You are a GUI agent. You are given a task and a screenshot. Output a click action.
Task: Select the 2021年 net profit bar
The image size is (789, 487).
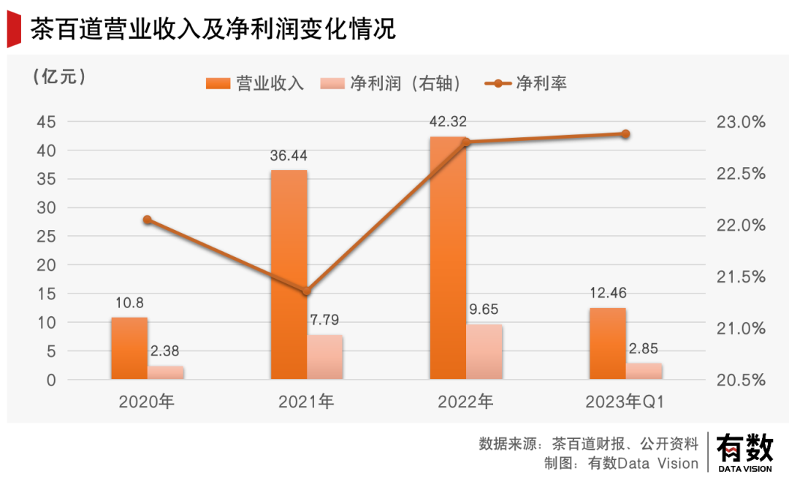[325, 357]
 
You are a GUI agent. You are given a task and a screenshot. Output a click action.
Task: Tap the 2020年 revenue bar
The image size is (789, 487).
[129, 348]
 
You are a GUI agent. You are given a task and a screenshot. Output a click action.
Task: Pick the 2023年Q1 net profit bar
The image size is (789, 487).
[644, 371]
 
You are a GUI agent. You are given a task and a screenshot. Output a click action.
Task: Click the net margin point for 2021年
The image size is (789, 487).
[307, 291]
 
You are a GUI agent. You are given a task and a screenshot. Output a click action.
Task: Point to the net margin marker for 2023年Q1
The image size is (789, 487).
[625, 134]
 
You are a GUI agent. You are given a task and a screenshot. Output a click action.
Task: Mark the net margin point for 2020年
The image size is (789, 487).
[148, 220]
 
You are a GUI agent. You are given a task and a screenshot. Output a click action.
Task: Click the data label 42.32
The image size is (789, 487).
[448, 122]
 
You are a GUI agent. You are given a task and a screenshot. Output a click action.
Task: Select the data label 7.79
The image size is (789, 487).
[324, 320]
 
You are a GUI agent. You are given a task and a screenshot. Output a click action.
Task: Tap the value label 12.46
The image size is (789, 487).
[607, 294]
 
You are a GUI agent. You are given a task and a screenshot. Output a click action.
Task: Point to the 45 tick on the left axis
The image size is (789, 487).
[46, 122]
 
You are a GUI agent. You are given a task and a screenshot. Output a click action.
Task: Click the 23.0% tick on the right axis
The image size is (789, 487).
[741, 122]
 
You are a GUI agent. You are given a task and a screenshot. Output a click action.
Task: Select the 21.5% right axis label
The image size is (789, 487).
[741, 277]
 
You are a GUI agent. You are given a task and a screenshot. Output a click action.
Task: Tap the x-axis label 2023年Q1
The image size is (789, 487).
[625, 402]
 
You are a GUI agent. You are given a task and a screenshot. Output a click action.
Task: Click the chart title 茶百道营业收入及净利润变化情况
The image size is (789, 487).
[213, 30]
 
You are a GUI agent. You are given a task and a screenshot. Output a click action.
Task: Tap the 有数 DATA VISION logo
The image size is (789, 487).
[744, 453]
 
